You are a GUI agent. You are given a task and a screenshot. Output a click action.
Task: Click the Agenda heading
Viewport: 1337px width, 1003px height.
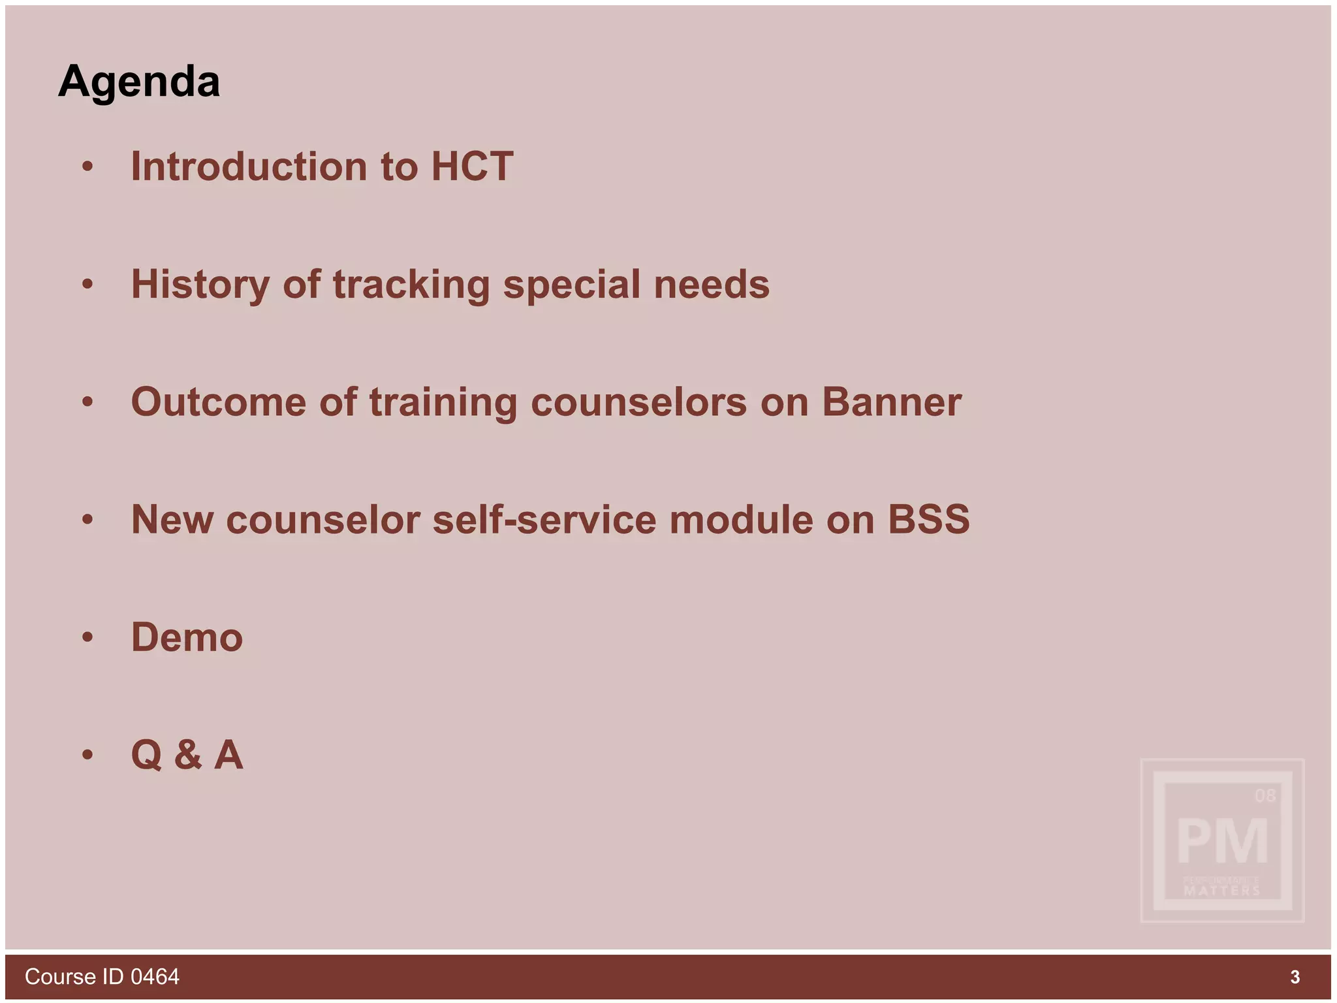[139, 82]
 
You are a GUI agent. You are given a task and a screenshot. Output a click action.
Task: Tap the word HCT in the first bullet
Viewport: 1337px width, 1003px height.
[472, 167]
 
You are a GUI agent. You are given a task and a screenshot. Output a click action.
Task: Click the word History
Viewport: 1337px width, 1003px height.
[200, 285]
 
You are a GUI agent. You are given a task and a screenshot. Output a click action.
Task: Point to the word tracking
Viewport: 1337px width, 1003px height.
[411, 285]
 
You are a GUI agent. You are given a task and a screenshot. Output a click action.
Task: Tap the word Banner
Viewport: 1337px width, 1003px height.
[891, 402]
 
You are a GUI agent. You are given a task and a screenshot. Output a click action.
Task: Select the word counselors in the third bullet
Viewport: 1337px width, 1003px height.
[638, 402]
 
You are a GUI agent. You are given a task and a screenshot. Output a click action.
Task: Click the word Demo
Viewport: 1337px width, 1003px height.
[187, 637]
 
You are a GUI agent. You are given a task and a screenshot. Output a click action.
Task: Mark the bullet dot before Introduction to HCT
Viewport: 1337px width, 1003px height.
[87, 167]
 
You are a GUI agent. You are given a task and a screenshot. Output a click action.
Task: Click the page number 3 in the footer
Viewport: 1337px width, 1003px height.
[1295, 977]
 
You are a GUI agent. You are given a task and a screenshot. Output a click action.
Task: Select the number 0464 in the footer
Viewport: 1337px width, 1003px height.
[155, 977]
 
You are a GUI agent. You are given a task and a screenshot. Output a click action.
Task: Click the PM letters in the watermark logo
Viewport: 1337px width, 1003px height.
[1222, 842]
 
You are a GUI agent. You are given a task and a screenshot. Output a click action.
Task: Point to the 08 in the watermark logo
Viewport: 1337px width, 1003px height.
[1265, 795]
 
